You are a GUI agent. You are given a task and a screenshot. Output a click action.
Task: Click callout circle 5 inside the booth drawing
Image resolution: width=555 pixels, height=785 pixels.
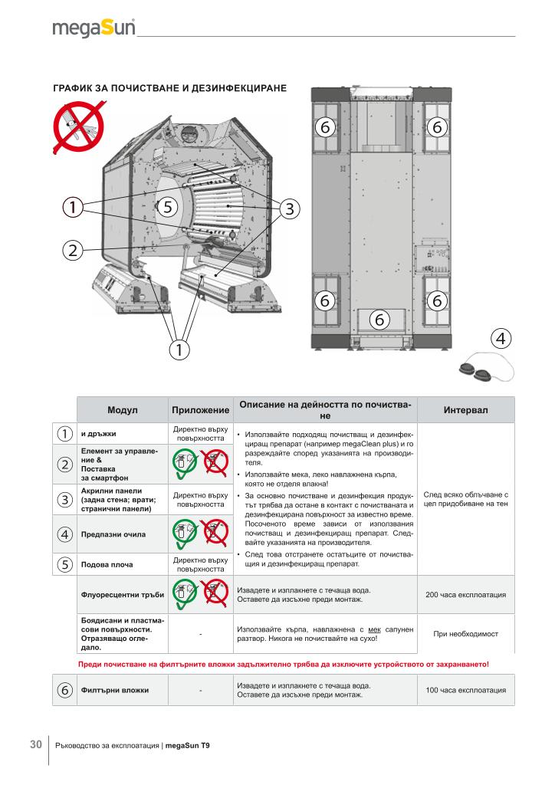[x=169, y=205]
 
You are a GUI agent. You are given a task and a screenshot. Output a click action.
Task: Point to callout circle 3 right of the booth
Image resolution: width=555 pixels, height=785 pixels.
[x=289, y=208]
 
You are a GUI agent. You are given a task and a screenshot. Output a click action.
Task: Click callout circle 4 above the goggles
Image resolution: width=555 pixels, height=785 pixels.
[x=501, y=337]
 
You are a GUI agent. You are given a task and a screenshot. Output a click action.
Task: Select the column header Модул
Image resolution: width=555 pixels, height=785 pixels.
[x=122, y=410]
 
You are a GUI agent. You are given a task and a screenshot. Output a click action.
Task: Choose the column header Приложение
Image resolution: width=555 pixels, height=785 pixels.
[x=200, y=410]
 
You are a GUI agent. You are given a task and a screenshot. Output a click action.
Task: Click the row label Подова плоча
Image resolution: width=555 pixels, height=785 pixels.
[x=107, y=564]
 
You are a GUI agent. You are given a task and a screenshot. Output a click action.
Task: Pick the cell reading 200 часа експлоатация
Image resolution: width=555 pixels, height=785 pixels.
[x=465, y=595]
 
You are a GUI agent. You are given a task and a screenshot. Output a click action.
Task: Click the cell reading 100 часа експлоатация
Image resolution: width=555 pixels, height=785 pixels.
[x=465, y=691]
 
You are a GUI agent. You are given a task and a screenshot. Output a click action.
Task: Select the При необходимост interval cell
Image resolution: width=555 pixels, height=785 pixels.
[x=465, y=634]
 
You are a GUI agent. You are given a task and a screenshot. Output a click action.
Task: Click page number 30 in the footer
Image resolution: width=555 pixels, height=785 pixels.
[x=35, y=744]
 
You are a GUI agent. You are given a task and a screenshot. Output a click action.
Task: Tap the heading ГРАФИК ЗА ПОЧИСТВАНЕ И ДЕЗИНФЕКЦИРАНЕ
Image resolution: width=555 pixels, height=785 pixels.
[x=169, y=88]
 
